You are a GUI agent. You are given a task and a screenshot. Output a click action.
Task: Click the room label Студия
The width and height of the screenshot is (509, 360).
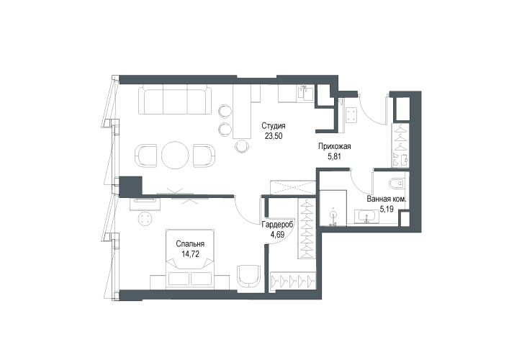pyautogui.click(x=274, y=125)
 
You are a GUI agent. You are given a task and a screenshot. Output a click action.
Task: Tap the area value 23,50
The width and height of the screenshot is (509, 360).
pyautogui.click(x=274, y=136)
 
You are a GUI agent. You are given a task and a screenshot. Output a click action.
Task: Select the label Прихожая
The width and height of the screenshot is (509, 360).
pyautogui.click(x=334, y=146)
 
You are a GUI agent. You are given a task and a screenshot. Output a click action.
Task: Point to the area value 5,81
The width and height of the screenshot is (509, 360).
pyautogui.click(x=334, y=156)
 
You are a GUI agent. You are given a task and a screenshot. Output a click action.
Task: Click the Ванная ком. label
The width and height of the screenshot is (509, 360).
pyautogui.click(x=387, y=199)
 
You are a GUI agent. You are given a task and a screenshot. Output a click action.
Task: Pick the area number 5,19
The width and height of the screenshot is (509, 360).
pyautogui.click(x=387, y=210)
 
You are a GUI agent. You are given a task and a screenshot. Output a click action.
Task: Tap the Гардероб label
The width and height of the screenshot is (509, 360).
pyautogui.click(x=278, y=225)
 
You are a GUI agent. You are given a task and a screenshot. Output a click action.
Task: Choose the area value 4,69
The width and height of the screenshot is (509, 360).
pyautogui.click(x=278, y=235)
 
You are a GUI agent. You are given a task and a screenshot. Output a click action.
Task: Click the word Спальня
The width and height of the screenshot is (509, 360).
pyautogui.click(x=190, y=244)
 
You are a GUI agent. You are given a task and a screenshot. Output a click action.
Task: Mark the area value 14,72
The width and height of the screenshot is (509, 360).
pyautogui.click(x=190, y=254)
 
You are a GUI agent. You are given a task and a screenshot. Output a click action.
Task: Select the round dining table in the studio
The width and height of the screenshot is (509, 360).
pyautogui.click(x=175, y=156)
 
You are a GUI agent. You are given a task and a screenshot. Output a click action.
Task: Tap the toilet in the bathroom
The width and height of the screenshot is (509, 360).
pyautogui.click(x=397, y=184)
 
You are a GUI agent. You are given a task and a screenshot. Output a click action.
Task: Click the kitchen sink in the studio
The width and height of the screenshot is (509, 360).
pyautogui.click(x=305, y=94)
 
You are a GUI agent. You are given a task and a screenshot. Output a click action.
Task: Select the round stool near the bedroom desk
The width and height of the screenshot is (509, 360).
pyautogui.click(x=145, y=219)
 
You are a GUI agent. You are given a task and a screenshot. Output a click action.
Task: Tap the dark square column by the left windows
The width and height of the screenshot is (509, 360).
pyautogui.click(x=131, y=186)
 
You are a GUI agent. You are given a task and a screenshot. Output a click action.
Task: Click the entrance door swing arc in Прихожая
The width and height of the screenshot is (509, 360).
pyautogui.click(x=374, y=112)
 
